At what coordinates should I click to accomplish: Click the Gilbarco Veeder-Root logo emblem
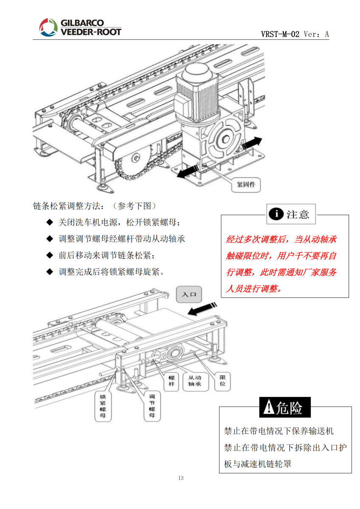click(48, 27)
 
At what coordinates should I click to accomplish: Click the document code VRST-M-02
click(281, 34)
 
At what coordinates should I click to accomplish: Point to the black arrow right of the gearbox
click(251, 143)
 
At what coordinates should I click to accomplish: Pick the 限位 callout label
click(222, 380)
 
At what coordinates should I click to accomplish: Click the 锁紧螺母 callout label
click(102, 406)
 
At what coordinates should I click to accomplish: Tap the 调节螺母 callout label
click(152, 406)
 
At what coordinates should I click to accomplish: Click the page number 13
click(181, 478)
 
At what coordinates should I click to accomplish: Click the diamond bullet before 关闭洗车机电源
click(49, 222)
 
